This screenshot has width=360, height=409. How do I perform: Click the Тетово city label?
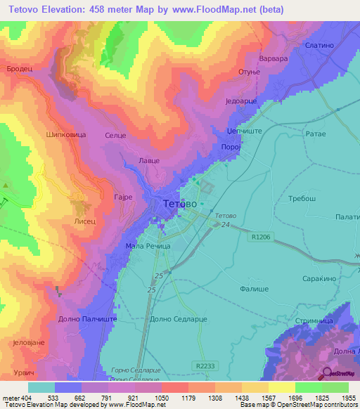pos(180,204)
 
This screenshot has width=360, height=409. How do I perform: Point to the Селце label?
pos(114,134)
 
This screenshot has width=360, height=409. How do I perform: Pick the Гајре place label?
pos(123,198)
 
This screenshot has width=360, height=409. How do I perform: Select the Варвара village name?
pos(274,59)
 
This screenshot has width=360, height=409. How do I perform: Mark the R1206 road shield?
pos(259,238)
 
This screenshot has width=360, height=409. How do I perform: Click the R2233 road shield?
pos(206,366)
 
